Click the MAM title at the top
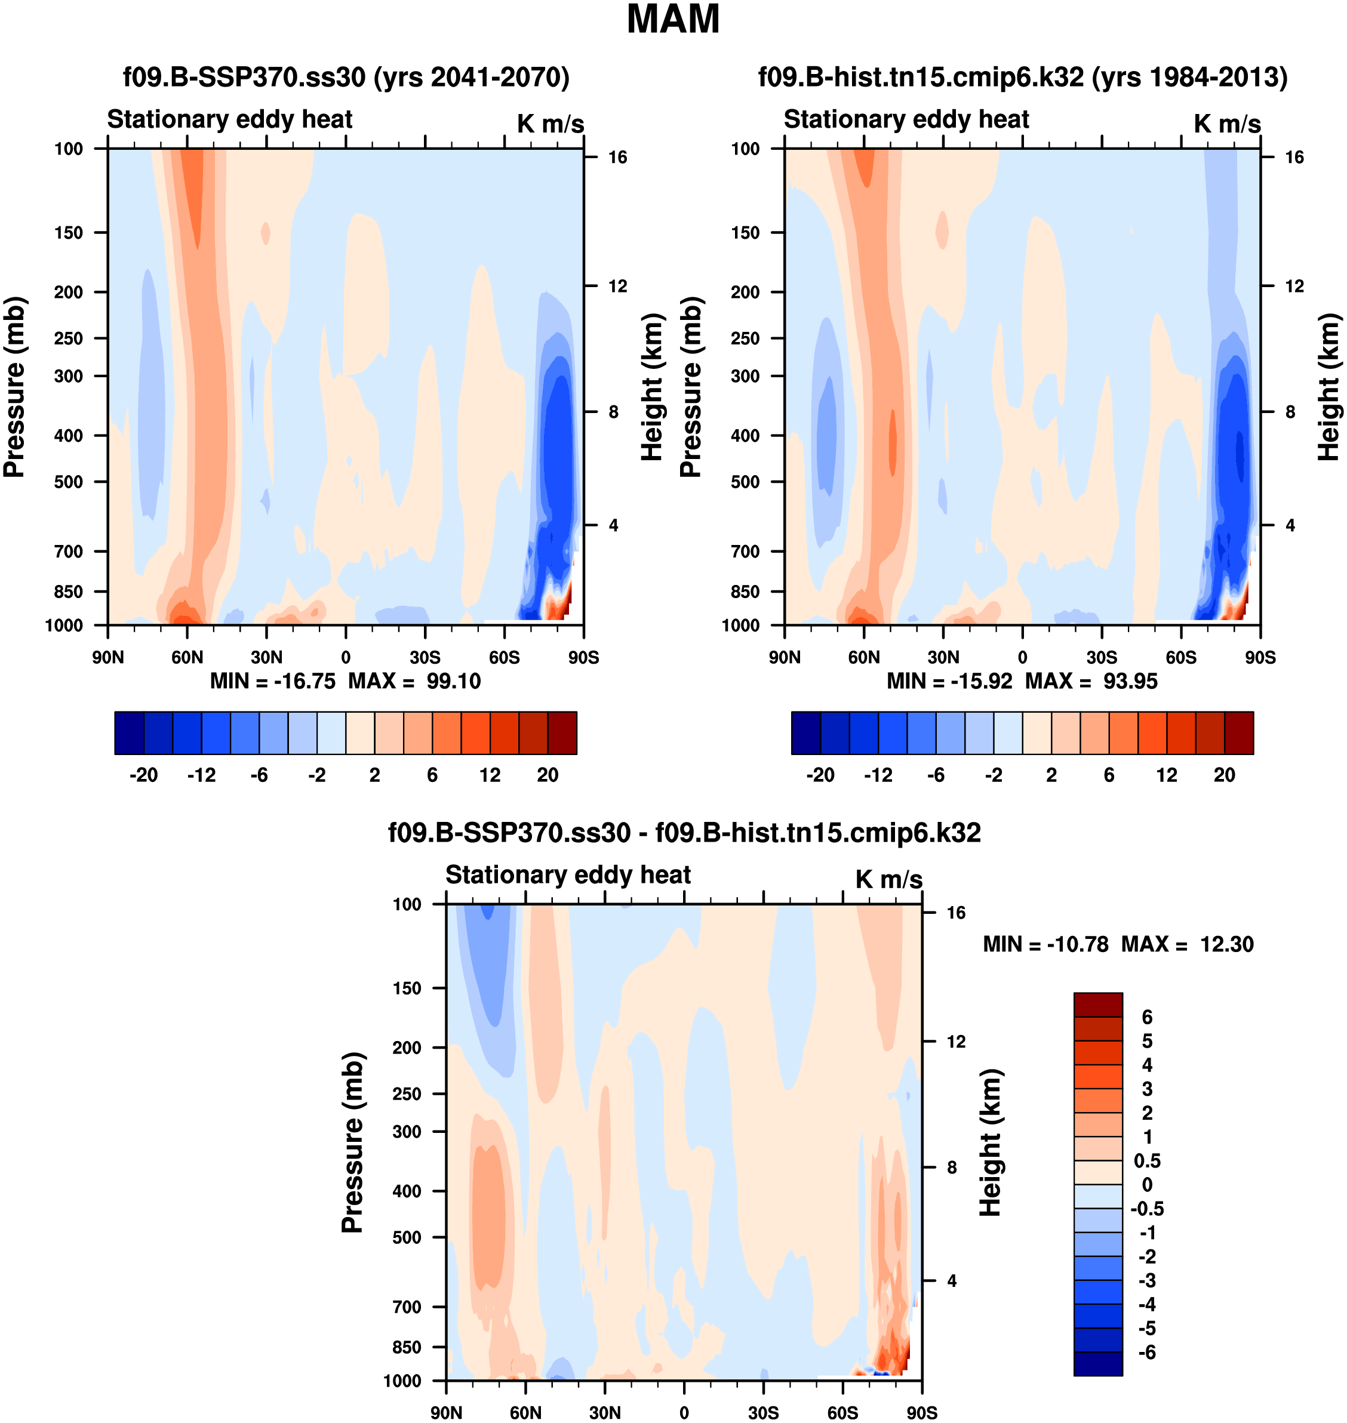(x=673, y=19)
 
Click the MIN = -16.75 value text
(x=273, y=680)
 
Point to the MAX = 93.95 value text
(x=1091, y=680)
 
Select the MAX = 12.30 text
(x=1188, y=944)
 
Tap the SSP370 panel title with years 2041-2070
(x=346, y=77)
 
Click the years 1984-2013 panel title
(x=1022, y=77)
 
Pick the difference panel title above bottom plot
(x=684, y=832)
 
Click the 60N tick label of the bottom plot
(x=525, y=1412)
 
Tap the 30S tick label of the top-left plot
(x=425, y=657)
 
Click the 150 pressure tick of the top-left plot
(x=68, y=233)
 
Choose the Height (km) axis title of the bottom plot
(x=991, y=1141)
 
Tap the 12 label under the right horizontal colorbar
(x=1167, y=775)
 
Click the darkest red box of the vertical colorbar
(x=1098, y=1005)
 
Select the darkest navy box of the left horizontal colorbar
(x=129, y=732)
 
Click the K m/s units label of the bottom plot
(x=888, y=879)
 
